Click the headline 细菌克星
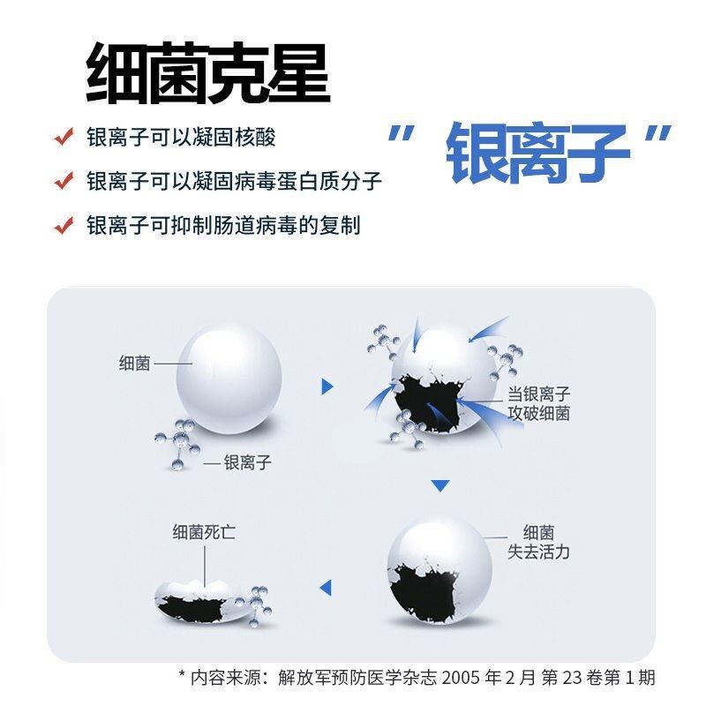pos(208,73)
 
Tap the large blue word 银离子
pos(537,154)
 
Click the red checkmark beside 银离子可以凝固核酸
pos(64,137)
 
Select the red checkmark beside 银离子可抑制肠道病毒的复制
pos(64,225)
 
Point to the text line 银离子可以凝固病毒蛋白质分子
pos(234,181)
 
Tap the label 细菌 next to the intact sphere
pos(135,364)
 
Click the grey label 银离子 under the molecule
pos(248,462)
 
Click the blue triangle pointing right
pos(327,387)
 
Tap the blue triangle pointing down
pos(439,486)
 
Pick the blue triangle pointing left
pos(326,587)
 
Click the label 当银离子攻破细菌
pos(538,403)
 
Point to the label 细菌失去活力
pos(538,542)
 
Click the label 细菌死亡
pos(204,532)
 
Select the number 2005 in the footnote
pos(462,677)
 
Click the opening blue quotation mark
pos(401,134)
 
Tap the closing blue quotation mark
pos(658,134)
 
